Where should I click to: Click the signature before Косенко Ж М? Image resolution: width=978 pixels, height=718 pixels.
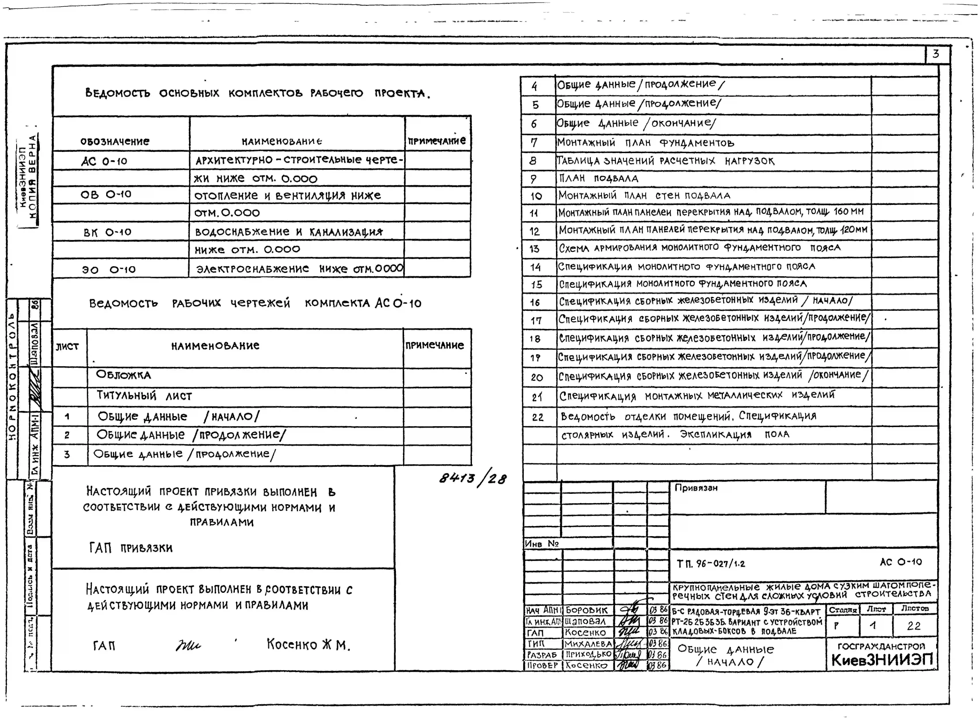point(188,645)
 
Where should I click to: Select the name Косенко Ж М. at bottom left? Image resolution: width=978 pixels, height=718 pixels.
point(308,644)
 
